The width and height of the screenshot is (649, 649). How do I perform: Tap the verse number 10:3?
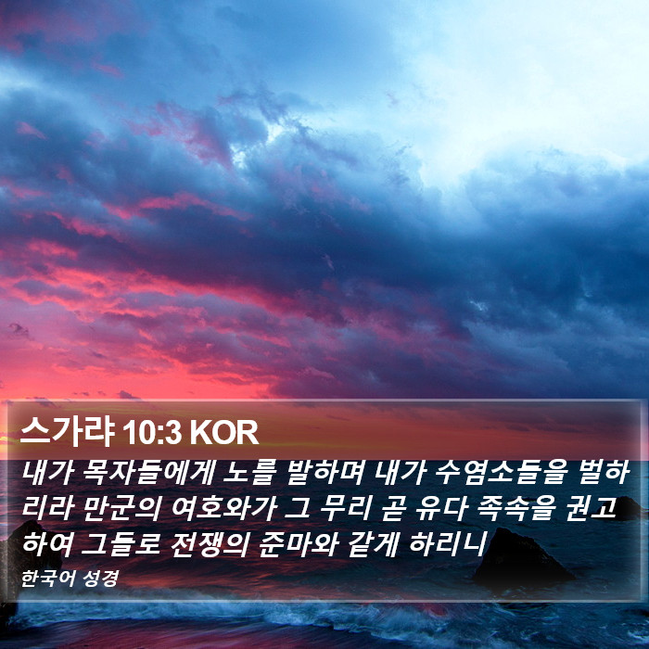pos(152,433)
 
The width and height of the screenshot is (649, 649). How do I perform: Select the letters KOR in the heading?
pos(224,433)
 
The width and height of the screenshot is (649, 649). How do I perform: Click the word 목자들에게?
pos(148,472)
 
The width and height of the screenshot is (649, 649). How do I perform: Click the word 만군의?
pos(121,508)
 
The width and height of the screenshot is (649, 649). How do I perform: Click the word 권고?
pos(591,508)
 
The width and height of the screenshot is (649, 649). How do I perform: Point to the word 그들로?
pos(121,543)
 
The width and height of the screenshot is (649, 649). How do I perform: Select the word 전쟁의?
pos(209,543)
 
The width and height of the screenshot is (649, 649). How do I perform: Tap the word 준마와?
pos(298,543)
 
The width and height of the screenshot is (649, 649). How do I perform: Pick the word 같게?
pos(373,543)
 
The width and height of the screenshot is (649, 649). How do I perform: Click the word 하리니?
pos(448,543)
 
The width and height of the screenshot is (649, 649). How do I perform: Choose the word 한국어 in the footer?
pos(48,579)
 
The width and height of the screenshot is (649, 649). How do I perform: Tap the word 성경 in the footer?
pos(100,579)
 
